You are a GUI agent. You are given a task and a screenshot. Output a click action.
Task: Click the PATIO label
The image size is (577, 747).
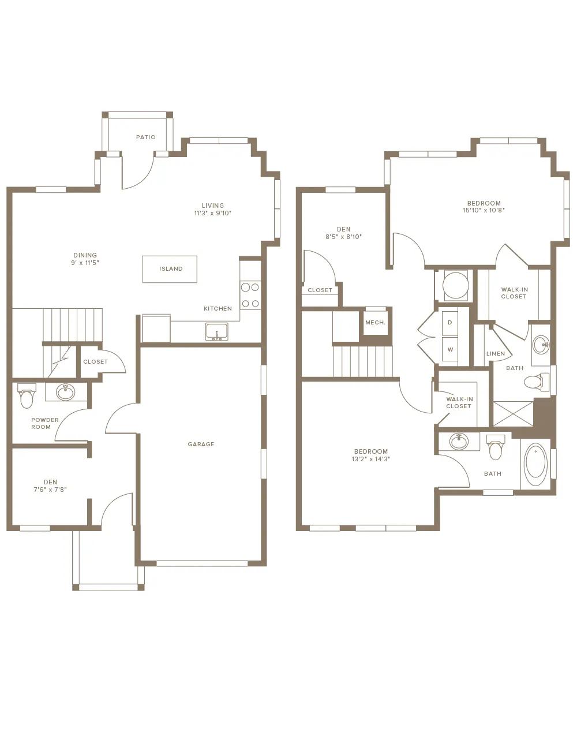145,137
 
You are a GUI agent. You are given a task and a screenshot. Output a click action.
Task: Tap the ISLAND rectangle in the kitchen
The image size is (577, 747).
170,269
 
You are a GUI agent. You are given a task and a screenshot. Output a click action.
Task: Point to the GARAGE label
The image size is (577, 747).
201,444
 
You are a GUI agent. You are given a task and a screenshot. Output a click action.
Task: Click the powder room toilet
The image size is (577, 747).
27,395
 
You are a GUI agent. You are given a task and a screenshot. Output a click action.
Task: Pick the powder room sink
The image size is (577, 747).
66,393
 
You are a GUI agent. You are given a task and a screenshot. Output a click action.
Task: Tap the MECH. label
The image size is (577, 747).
375,323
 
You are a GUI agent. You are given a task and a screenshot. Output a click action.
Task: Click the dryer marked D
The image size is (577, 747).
450,323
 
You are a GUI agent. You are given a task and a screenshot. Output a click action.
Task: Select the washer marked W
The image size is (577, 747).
450,349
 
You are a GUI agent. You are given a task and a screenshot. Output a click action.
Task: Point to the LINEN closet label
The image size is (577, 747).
496,354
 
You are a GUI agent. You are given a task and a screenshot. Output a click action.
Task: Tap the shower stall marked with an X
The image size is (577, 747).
514,414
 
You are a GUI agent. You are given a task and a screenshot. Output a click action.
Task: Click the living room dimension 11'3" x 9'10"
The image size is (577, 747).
213,213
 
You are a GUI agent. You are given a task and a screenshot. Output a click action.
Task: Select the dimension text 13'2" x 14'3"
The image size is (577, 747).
370,459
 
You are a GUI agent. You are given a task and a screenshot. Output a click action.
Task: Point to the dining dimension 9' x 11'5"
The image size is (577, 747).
85,263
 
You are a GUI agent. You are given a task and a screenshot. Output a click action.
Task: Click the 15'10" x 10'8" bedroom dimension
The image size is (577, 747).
484,210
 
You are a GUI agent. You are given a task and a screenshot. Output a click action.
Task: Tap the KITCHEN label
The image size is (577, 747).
218,309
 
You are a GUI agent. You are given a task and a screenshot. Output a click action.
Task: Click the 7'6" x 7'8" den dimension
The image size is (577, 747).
50,490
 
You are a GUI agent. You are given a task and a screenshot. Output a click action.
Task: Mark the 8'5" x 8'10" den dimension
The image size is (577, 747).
343,237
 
